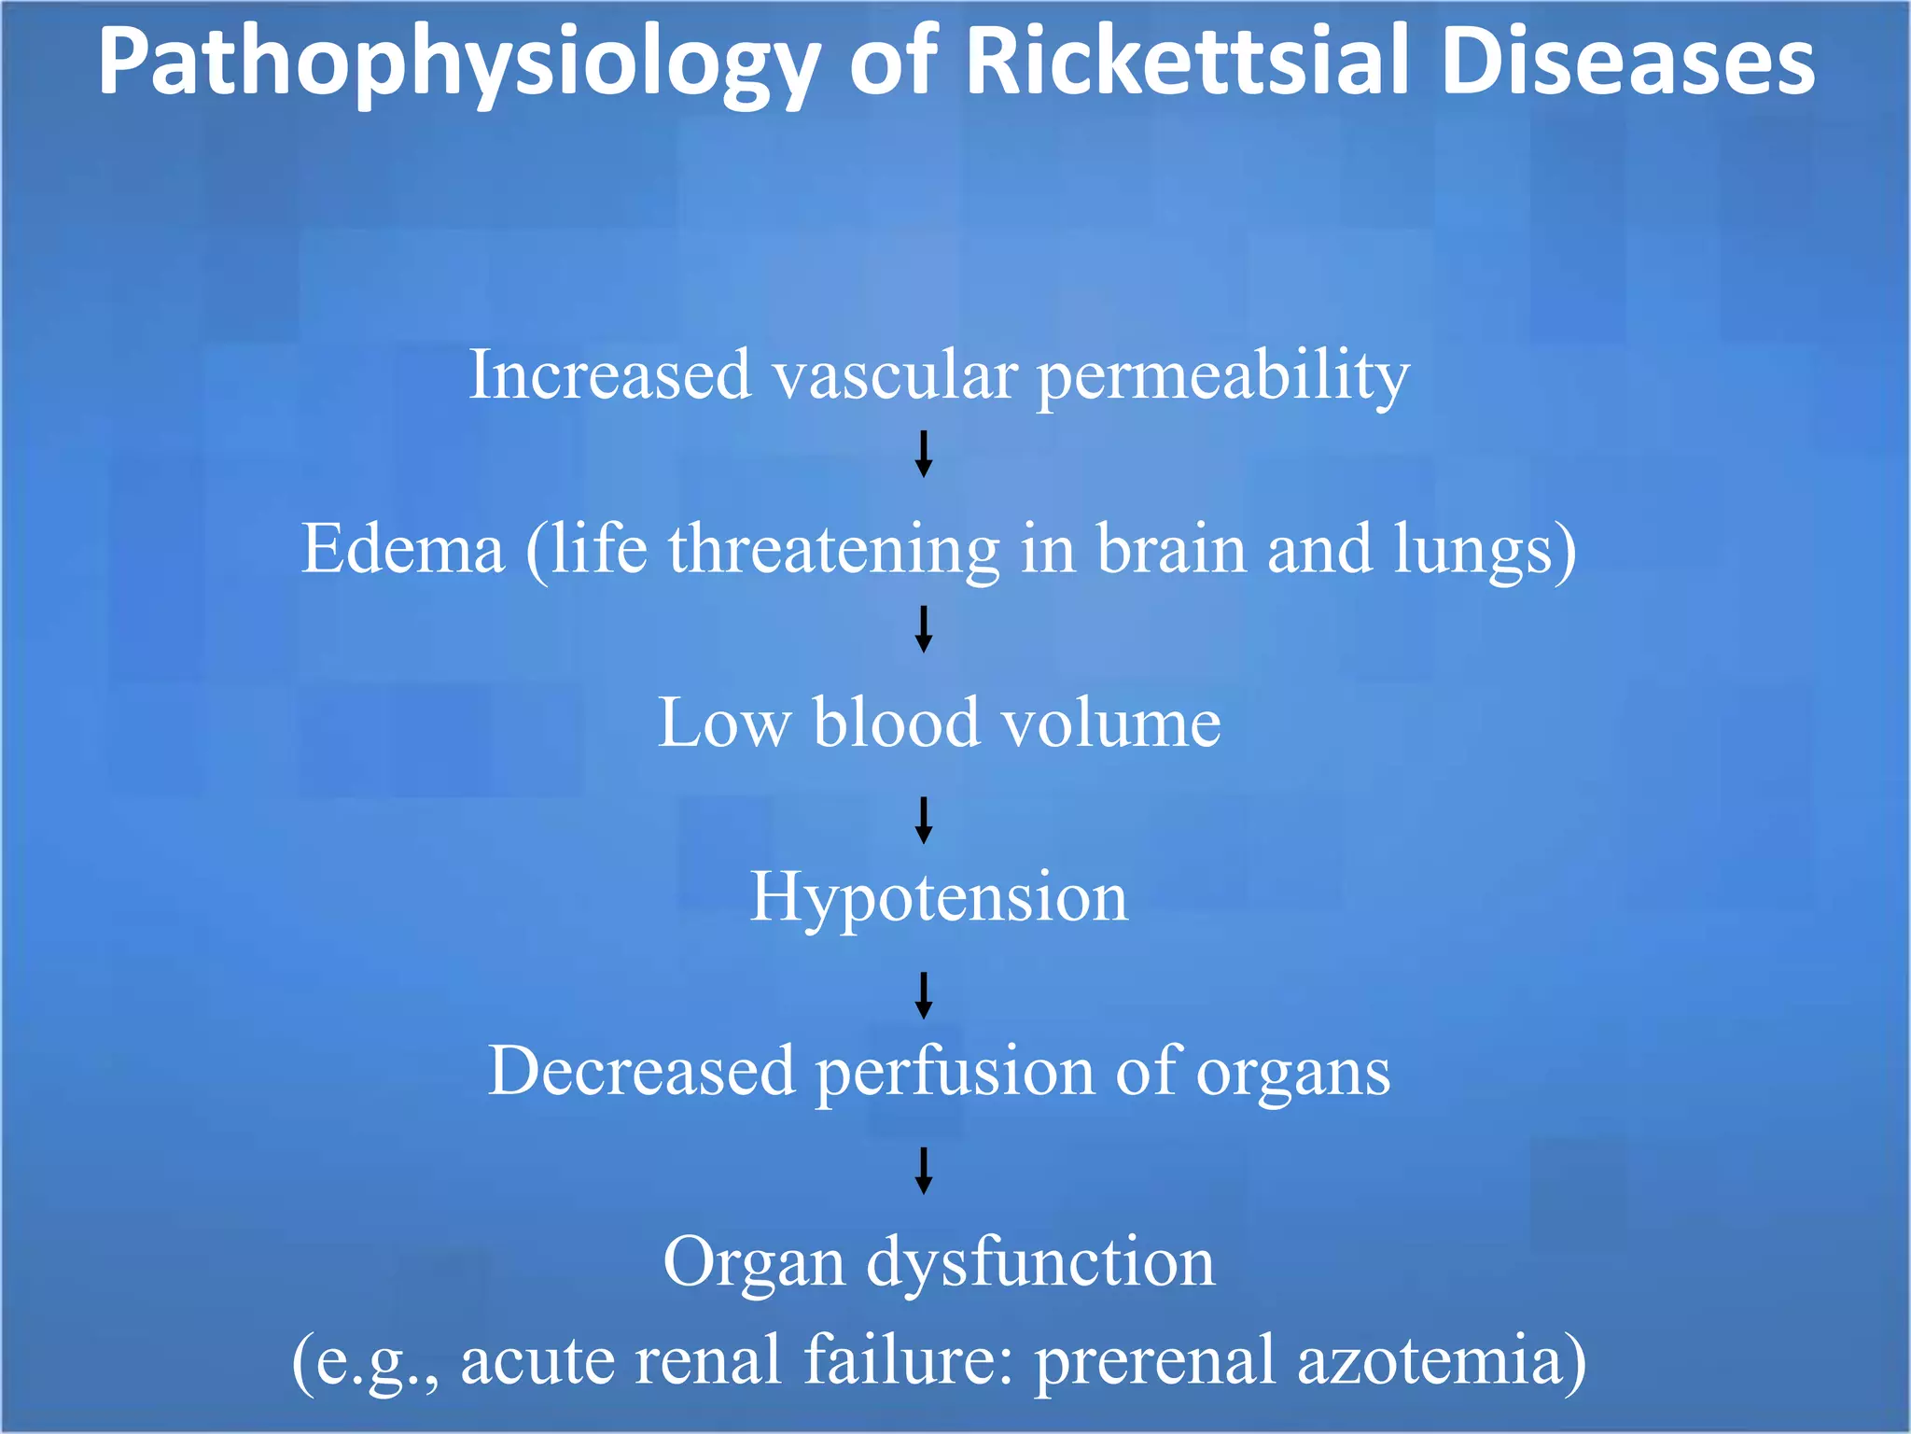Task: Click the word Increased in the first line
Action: (x=609, y=374)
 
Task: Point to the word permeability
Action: (x=1223, y=376)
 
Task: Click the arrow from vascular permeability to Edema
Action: (x=924, y=454)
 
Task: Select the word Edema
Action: (x=403, y=549)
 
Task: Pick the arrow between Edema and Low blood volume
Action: (x=924, y=628)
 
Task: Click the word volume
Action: (x=1110, y=723)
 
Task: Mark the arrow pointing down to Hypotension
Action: (x=924, y=820)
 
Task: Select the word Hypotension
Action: (x=939, y=897)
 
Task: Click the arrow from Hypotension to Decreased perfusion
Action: (x=924, y=995)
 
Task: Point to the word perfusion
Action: (x=955, y=1072)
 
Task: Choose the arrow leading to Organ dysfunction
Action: (x=924, y=1171)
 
